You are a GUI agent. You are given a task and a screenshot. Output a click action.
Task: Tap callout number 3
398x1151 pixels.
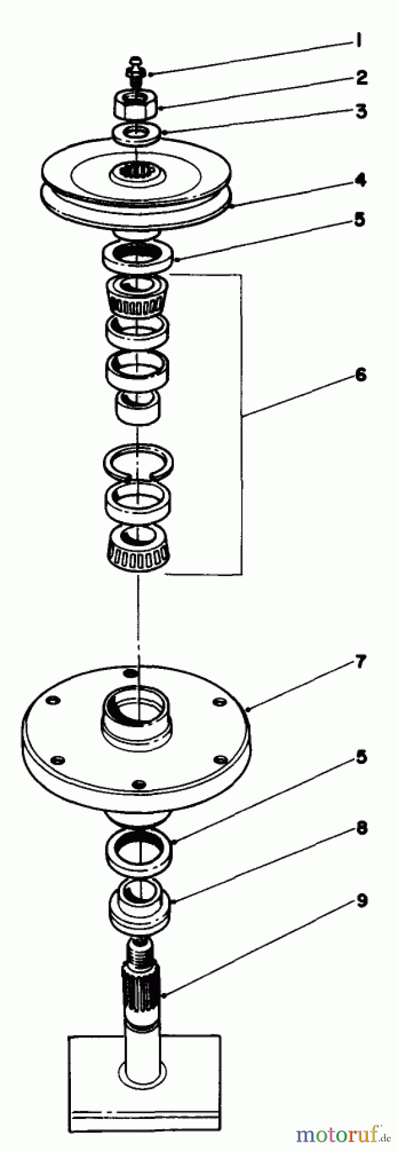[361, 111]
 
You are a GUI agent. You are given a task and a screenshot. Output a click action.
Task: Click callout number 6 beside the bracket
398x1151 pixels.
[361, 375]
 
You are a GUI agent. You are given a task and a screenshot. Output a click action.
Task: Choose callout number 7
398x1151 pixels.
[360, 662]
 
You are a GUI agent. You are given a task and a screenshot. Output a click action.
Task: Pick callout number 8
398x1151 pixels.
[362, 828]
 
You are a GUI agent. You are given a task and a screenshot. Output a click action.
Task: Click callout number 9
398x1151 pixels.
[362, 901]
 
